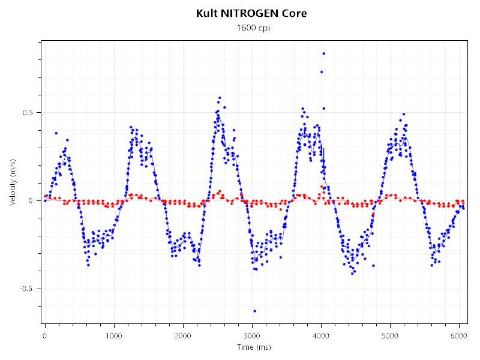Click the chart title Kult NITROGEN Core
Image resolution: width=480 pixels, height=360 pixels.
(x=251, y=13)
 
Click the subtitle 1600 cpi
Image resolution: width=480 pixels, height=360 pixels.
(x=251, y=28)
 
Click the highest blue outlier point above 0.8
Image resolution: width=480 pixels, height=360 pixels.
(x=323, y=53)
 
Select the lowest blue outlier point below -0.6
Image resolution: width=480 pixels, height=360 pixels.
(x=254, y=311)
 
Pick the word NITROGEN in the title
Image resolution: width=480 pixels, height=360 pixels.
(x=252, y=13)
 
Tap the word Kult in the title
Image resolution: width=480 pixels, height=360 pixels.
(x=207, y=13)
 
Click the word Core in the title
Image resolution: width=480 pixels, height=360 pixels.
(x=295, y=13)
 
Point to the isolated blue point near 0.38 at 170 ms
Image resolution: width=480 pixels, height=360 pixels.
(x=56, y=133)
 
